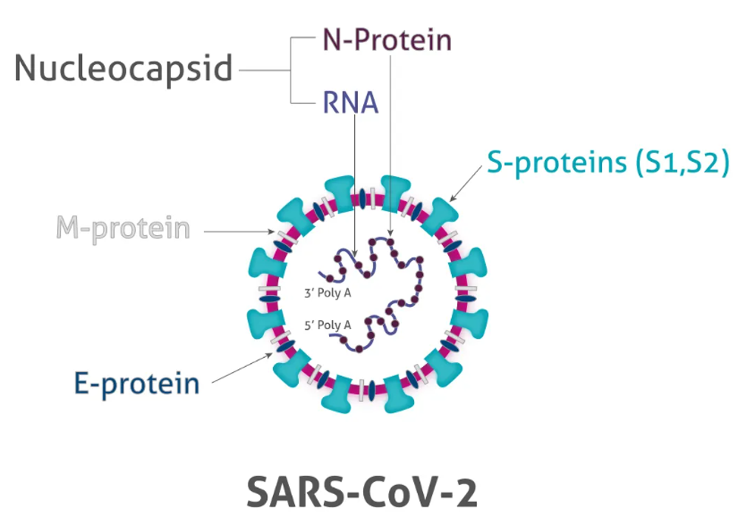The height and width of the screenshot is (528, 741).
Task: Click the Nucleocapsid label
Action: (123, 69)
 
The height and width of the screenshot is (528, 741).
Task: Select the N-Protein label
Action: (387, 40)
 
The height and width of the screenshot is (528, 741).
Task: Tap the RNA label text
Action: (351, 103)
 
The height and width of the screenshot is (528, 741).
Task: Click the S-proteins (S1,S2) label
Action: (608, 163)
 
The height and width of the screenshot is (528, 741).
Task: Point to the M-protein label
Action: (123, 229)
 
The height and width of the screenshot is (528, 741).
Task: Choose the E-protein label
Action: (137, 383)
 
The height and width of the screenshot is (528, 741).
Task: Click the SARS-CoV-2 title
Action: (362, 493)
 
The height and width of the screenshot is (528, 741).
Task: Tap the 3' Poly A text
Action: (328, 293)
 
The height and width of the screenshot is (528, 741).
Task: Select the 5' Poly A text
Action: (328, 325)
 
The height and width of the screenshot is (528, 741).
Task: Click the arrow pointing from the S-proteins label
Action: (466, 184)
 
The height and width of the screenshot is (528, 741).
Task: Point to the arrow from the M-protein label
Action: (239, 231)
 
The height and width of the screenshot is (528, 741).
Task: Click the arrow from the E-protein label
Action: (243, 368)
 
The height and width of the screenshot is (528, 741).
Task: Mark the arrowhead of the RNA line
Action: (355, 253)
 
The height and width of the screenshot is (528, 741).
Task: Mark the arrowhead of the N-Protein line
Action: (390, 231)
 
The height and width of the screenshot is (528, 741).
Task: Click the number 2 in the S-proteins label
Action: (710, 162)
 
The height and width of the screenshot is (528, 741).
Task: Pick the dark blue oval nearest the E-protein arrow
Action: (285, 347)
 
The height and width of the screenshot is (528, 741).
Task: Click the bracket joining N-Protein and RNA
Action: (290, 70)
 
